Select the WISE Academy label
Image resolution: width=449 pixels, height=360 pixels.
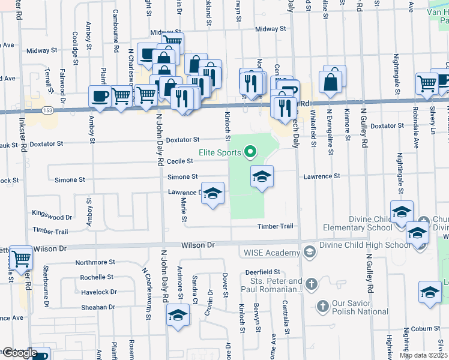pos(271,253)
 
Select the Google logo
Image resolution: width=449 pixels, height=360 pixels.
pos(19,353)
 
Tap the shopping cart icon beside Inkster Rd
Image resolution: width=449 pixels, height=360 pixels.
pos(21,259)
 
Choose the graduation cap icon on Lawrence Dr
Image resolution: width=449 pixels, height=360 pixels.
pos(211,193)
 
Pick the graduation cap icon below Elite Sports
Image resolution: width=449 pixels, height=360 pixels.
pos(261,176)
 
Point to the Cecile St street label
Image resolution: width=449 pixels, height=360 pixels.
pos(180,161)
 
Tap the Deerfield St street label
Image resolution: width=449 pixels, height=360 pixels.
pos(264,272)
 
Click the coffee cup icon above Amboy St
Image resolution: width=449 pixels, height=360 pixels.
pos(100,96)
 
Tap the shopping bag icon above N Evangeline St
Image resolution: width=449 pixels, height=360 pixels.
pos(331,82)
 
